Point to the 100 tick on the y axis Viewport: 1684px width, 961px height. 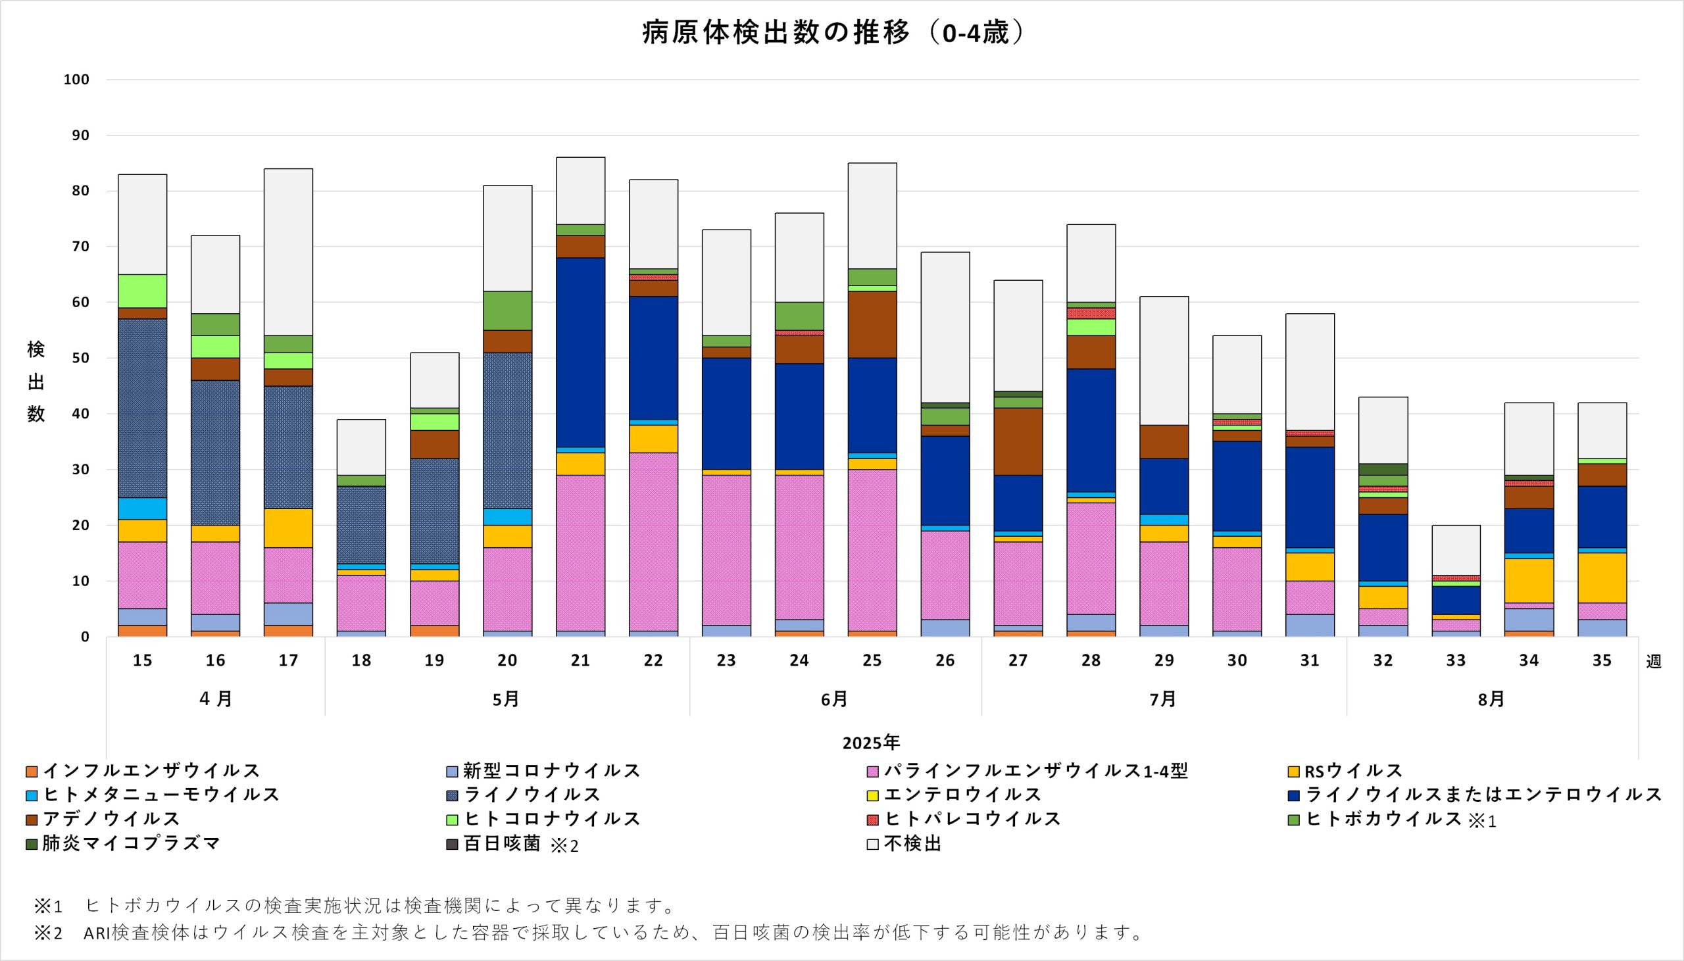click(76, 80)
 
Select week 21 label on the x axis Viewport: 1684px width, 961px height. click(580, 660)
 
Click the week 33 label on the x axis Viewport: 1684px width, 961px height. click(1456, 660)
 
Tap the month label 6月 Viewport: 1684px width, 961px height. click(835, 700)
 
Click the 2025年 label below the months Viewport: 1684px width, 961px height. click(871, 743)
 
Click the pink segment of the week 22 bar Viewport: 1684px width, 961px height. click(653, 541)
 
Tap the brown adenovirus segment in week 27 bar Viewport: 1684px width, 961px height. click(1018, 441)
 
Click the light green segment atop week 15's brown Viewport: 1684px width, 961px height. click(143, 291)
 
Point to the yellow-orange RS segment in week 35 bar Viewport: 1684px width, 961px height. click(1602, 578)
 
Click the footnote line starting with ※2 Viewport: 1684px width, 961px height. click(587, 932)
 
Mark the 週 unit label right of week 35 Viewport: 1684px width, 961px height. click(1654, 661)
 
